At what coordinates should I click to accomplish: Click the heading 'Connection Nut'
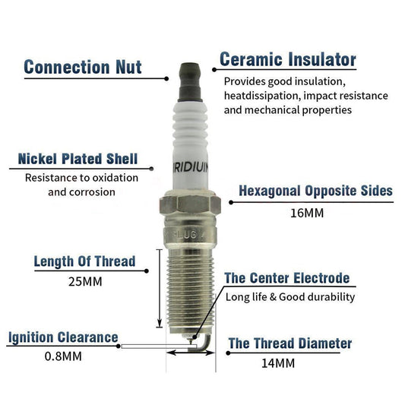[83, 67]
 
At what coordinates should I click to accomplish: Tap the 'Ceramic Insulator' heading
[288, 59]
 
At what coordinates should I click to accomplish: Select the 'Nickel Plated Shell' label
[78, 159]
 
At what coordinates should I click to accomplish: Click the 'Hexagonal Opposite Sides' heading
[315, 191]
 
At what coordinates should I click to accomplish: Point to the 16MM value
[307, 214]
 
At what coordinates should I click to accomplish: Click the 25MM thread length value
[85, 282]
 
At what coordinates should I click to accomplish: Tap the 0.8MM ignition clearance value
[63, 356]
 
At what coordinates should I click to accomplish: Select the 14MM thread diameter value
[278, 363]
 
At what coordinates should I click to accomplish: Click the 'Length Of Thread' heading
[84, 261]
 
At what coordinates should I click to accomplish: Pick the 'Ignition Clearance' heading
[63, 337]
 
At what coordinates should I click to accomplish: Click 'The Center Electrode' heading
[287, 278]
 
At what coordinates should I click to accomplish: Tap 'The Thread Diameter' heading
[290, 343]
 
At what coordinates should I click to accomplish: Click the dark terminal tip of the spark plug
[190, 82]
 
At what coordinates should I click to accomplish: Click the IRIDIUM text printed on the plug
[191, 168]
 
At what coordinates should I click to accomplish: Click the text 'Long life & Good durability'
[290, 297]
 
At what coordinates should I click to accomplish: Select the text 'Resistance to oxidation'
[81, 178]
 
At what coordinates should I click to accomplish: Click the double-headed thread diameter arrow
[191, 353]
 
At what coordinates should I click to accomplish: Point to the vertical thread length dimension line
[160, 289]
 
